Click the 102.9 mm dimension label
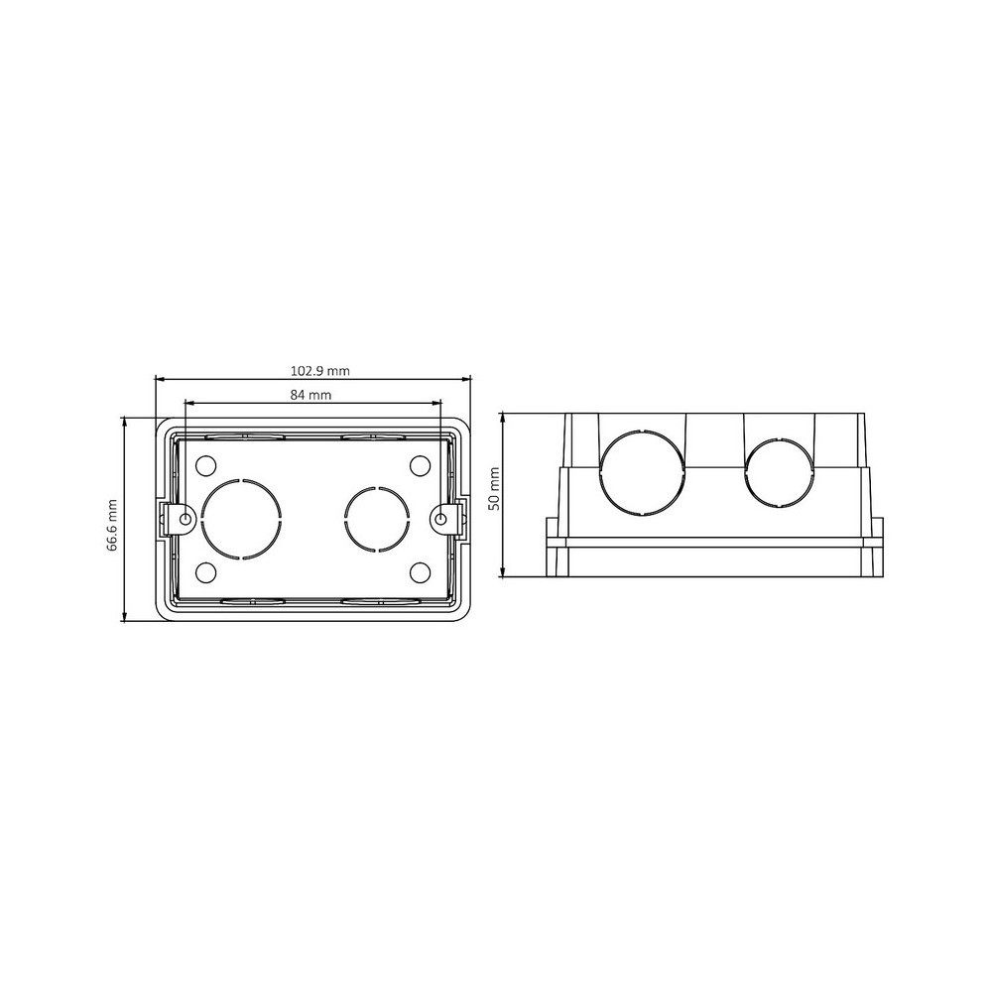(x=319, y=371)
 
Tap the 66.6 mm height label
(x=112, y=526)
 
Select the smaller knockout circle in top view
(x=346, y=519)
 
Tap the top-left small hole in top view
(x=206, y=465)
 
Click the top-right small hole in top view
(x=420, y=465)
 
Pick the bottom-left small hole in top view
(x=206, y=572)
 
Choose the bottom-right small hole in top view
(x=420, y=572)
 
